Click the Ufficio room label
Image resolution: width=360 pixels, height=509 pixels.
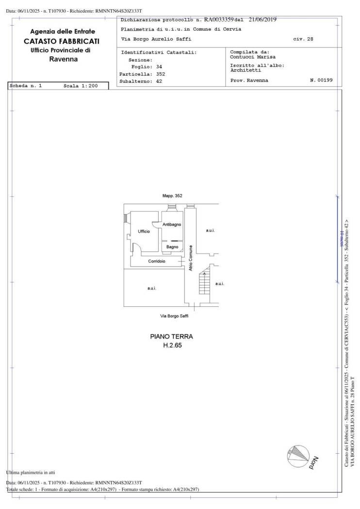[x=144, y=231]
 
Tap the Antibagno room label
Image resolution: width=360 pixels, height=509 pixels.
[x=172, y=224]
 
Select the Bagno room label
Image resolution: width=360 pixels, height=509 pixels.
[x=172, y=247]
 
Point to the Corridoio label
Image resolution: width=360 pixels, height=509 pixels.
[x=157, y=261]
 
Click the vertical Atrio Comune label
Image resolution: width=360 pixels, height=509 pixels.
[x=191, y=258]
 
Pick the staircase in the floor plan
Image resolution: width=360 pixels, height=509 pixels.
[x=205, y=279]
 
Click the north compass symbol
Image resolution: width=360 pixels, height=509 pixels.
[x=298, y=456]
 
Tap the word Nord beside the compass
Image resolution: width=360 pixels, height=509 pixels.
[x=314, y=462]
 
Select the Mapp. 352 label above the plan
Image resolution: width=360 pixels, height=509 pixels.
[x=172, y=196]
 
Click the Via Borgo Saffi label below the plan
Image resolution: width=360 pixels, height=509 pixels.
[x=174, y=316]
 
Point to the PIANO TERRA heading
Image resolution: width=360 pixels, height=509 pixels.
[x=171, y=336]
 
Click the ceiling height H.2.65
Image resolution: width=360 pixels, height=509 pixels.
[x=172, y=345]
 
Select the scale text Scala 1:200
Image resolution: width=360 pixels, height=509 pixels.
[x=81, y=86]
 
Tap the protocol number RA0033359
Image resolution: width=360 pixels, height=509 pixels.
[x=219, y=19]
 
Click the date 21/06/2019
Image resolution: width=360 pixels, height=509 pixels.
[x=262, y=19]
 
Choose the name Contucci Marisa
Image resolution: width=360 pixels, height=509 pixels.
[x=252, y=57]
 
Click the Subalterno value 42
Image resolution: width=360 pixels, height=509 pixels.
[x=159, y=81]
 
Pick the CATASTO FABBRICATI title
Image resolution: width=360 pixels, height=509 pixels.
[x=62, y=41]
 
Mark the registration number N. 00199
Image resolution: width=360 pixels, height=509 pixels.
[x=321, y=80]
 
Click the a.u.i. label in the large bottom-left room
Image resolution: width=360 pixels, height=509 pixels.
[x=152, y=288]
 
